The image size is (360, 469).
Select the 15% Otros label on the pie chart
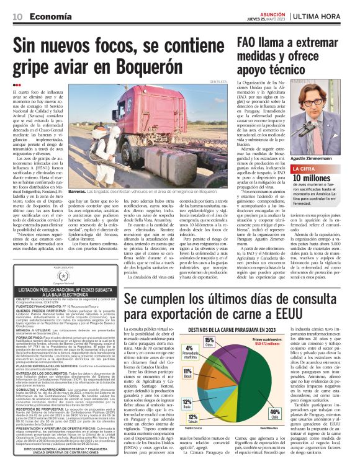pyautogui.click(x=209, y=341)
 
